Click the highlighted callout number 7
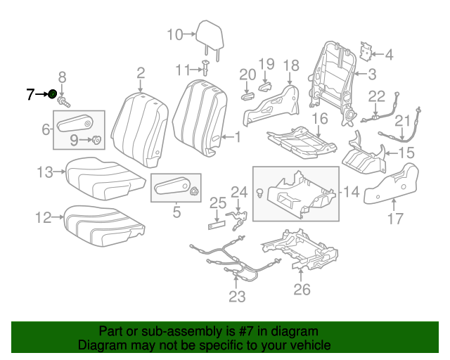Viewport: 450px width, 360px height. click(30, 94)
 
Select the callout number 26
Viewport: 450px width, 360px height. click(302, 288)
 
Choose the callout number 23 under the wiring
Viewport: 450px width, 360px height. click(237, 297)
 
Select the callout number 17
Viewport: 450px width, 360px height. click(397, 219)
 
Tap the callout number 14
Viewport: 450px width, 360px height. click(351, 191)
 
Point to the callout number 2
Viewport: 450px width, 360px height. click(141, 73)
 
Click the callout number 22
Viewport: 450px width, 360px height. click(377, 96)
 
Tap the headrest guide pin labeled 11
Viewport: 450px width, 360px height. click(206, 68)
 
